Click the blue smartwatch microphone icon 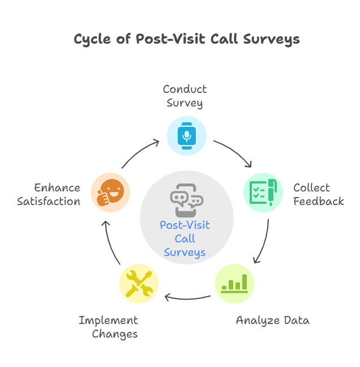coord(187,136)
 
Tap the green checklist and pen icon coord(263,193)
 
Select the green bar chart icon coord(234,284)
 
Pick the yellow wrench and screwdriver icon coord(139,283)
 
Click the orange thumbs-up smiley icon coord(110,193)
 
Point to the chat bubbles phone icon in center coord(186,199)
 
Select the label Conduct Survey coord(185,96)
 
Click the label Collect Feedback coord(318,194)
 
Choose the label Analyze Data coord(272,320)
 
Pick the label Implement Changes coord(109,327)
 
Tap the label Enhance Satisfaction coord(49,194)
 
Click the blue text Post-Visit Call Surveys coord(185,238)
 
